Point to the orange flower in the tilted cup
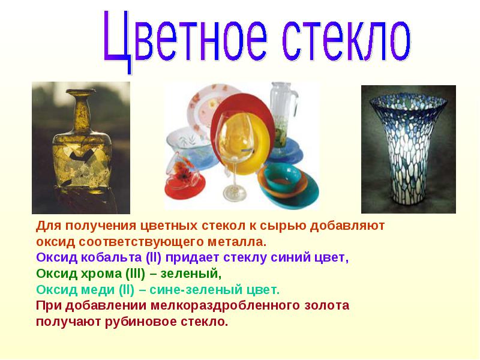183,172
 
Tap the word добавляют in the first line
347,226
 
